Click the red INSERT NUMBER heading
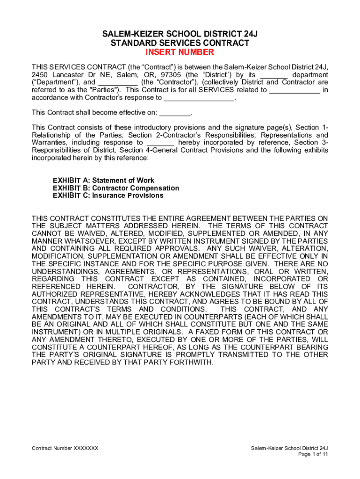coord(180,52)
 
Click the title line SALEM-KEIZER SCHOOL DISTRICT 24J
coord(180,34)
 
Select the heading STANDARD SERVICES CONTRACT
coord(180,43)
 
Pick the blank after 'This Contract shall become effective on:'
coord(175,113)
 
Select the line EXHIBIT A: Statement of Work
coord(103,181)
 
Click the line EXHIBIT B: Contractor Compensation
coord(116,188)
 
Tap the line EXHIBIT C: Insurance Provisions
coord(108,196)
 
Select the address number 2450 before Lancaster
coord(40,75)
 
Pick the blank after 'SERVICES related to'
coord(295,90)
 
